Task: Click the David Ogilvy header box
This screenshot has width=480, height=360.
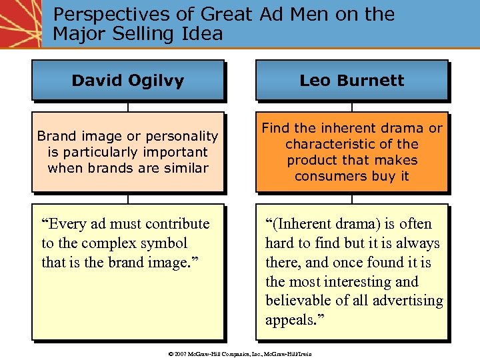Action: coord(127,81)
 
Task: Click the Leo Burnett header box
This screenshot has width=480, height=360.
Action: coord(351,81)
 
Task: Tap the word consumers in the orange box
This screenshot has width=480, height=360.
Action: coord(323,176)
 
